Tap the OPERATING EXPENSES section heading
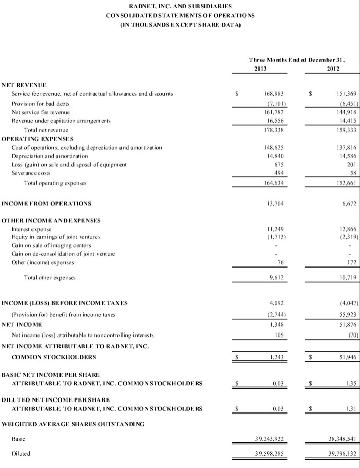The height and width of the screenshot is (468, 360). (38, 138)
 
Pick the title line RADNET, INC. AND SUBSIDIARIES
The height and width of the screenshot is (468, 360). (180, 6)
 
